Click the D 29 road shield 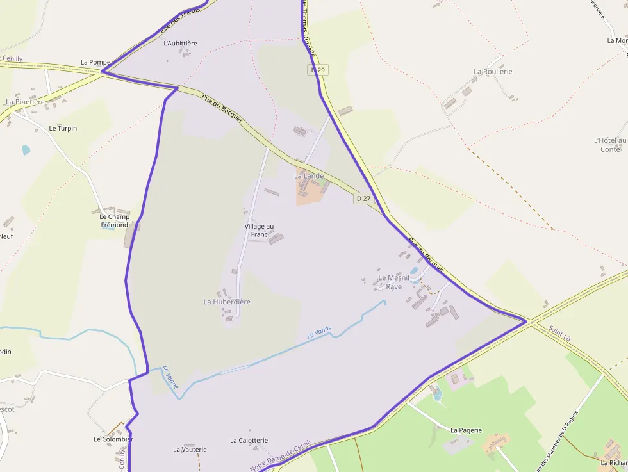pos(318,69)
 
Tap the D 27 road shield pos(363,199)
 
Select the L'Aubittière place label pos(181,43)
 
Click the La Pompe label pos(95,62)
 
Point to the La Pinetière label pos(25,102)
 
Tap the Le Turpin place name pos(63,128)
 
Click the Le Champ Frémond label pos(114,220)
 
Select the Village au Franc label pos(259,230)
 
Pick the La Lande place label pos(309,175)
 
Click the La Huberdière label pos(227,302)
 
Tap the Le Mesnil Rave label pos(393,282)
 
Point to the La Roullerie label pos(493,72)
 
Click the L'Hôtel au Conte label pos(610,144)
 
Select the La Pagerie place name pos(466,430)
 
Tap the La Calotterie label pos(249,441)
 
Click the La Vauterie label pos(190,450)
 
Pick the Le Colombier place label pos(113,439)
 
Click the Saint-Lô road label pos(561,336)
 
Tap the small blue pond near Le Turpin pos(26,150)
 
